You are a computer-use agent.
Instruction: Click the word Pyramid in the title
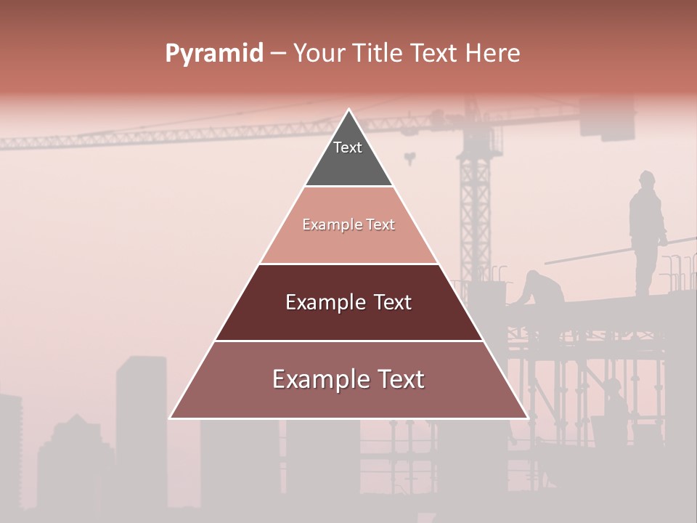[214, 54]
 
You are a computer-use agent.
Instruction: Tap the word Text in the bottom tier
[397, 379]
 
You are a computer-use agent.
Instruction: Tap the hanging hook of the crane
[410, 157]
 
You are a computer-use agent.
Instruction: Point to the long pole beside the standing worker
[617, 250]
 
